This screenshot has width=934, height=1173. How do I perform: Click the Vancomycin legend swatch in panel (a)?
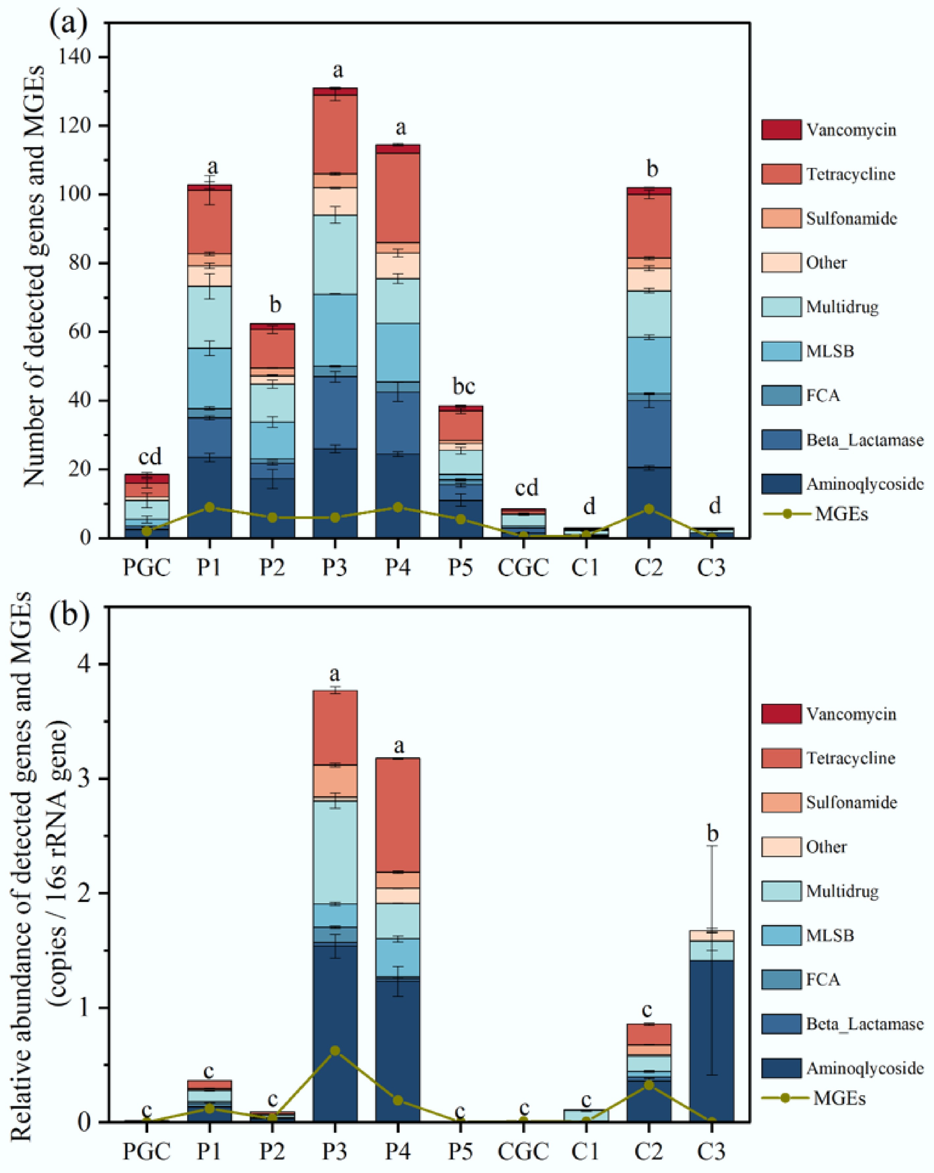[x=781, y=130]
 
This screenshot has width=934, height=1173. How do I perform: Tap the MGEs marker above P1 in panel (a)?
[x=209, y=507]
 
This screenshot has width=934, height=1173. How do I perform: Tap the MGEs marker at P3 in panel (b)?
[x=335, y=1051]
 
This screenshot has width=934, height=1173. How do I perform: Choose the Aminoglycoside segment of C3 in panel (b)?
[x=711, y=1039]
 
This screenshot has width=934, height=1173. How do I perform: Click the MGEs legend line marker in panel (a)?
[x=787, y=513]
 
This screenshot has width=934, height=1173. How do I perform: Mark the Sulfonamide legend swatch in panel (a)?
[x=781, y=218]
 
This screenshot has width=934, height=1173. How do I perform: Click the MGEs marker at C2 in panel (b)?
[x=649, y=1085]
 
